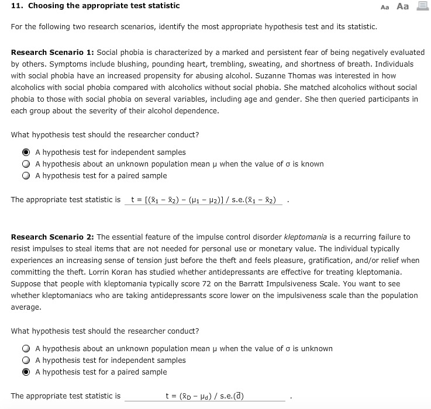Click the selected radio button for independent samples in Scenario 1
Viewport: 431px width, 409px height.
[x=26, y=152]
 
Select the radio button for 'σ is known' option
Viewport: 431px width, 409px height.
[x=26, y=164]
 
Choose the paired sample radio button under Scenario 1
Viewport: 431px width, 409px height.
[x=26, y=176]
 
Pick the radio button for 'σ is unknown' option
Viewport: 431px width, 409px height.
[x=26, y=349]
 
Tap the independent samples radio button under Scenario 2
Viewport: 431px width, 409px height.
[x=26, y=361]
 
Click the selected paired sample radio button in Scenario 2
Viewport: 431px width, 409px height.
[x=26, y=372]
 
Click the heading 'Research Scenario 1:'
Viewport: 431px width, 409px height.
[x=52, y=53]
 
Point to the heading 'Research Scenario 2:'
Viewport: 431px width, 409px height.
[x=52, y=237]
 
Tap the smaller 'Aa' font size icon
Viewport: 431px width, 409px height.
[x=384, y=7]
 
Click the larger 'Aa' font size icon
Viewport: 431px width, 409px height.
[x=402, y=6]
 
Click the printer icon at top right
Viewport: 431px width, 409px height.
[x=421, y=6]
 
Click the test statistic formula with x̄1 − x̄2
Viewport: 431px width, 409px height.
[x=204, y=200]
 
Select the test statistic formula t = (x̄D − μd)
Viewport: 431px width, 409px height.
[x=205, y=396]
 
